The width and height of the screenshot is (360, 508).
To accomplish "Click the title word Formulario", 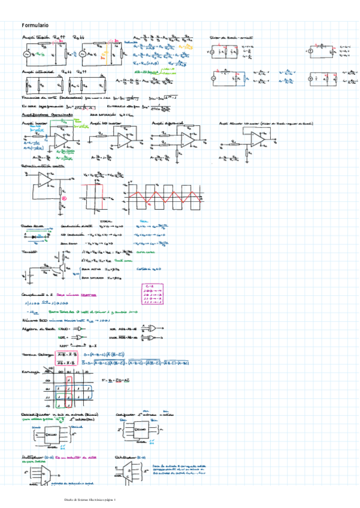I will (35, 25).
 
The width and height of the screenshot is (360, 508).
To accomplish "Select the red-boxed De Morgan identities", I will (68, 358).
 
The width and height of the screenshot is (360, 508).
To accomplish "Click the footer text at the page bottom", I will (90, 499).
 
